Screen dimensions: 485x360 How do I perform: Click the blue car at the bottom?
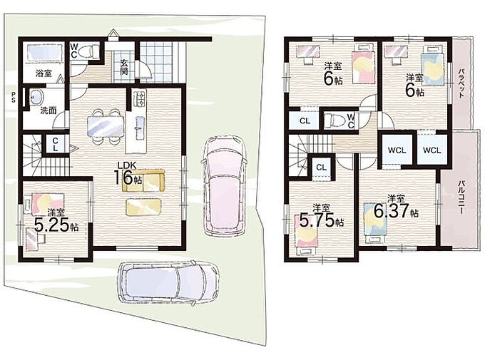169,283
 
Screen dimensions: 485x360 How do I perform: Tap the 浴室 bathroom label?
44,73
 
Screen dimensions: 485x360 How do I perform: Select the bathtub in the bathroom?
44,53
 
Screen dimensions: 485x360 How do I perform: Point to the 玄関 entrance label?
124,67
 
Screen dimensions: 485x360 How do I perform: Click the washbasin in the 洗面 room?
37,98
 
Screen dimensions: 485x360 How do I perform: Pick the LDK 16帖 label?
128,175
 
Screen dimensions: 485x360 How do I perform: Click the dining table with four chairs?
106,126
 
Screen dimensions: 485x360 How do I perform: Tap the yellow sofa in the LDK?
143,181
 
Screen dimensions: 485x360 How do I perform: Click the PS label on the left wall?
14,97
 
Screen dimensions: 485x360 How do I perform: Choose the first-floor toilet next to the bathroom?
88,51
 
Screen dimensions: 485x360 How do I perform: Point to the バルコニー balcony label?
461,197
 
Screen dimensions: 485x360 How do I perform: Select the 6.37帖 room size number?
397,211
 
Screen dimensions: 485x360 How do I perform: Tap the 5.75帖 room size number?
322,220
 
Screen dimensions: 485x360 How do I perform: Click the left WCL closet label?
397,150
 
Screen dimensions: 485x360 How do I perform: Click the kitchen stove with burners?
139,98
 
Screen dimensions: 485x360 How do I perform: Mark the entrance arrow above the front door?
113,33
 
